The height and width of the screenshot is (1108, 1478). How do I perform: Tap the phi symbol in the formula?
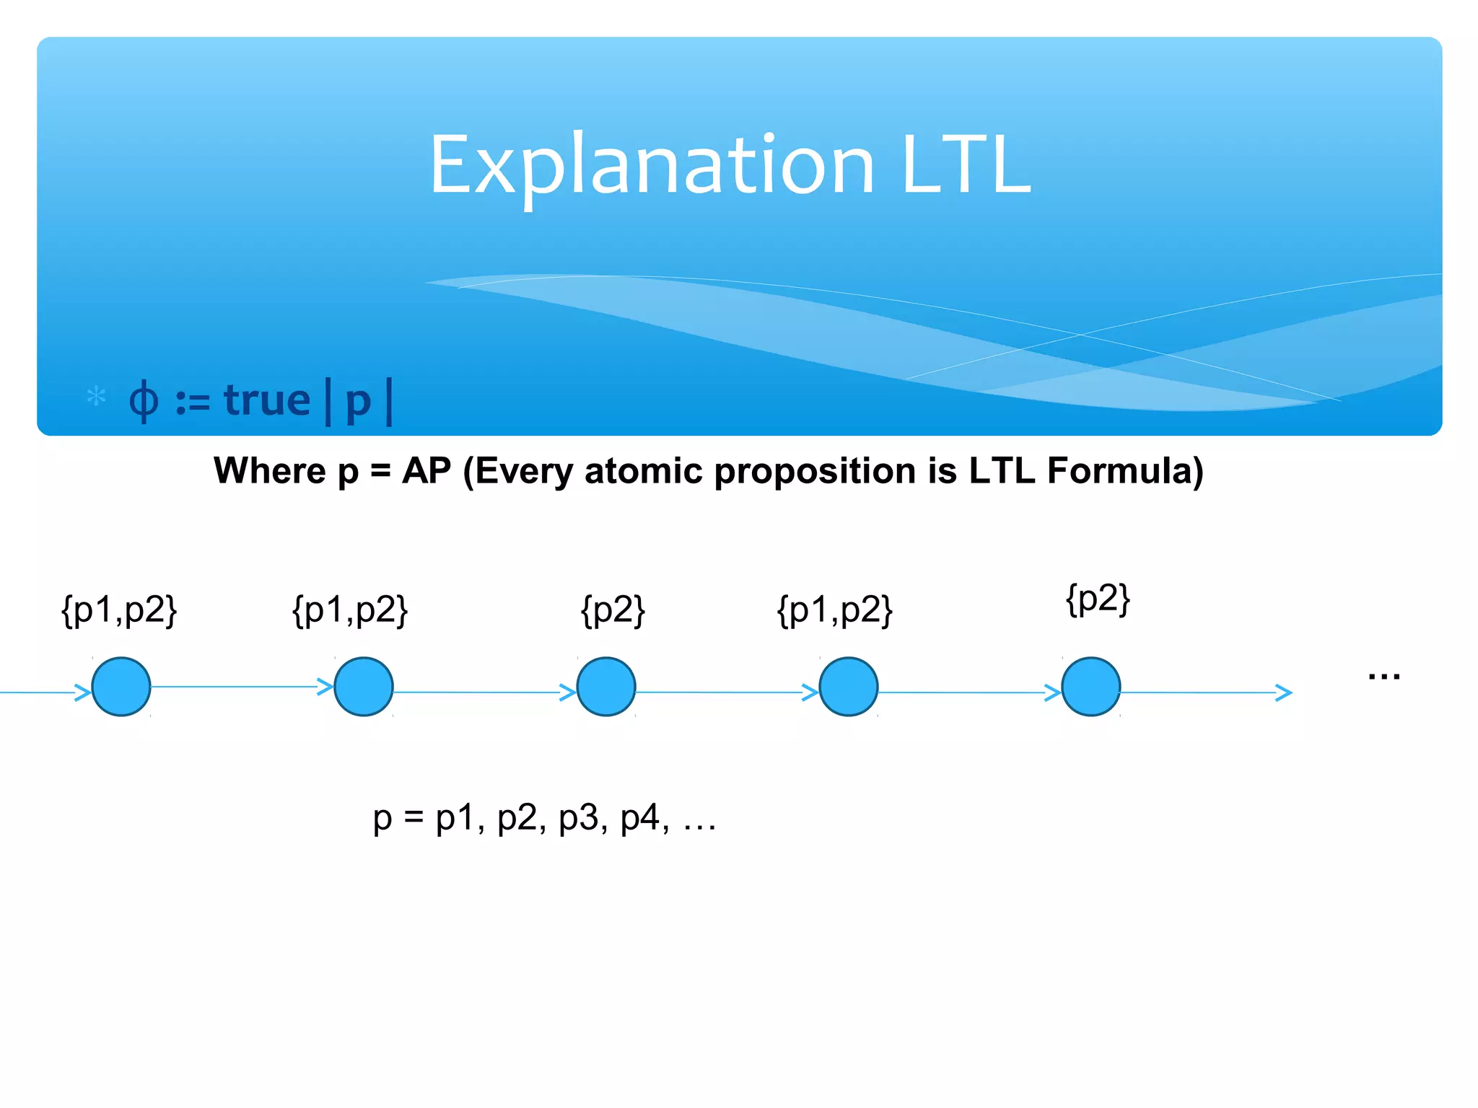point(143,401)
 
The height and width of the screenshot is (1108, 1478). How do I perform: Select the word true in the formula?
point(266,400)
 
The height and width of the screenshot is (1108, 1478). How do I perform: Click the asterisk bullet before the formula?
point(96,396)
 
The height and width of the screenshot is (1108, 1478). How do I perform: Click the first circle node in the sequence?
point(121,686)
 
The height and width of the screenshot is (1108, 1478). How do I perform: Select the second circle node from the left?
point(364,686)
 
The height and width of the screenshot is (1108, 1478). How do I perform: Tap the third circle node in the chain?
point(606,686)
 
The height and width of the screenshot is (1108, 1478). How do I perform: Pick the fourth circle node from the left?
point(849,686)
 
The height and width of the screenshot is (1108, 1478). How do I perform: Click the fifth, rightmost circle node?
point(1091,686)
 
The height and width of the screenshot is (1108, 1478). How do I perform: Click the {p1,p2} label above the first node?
point(119,610)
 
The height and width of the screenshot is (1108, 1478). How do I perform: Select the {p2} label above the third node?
point(613,610)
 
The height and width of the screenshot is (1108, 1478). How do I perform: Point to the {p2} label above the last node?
point(1098,599)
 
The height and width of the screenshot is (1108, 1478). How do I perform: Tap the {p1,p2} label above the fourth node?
point(835,610)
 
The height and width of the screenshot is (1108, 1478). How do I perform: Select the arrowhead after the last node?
point(1284,692)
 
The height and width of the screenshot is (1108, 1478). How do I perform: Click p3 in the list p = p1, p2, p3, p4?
point(579,818)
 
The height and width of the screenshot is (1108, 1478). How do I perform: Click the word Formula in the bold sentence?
point(1124,471)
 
